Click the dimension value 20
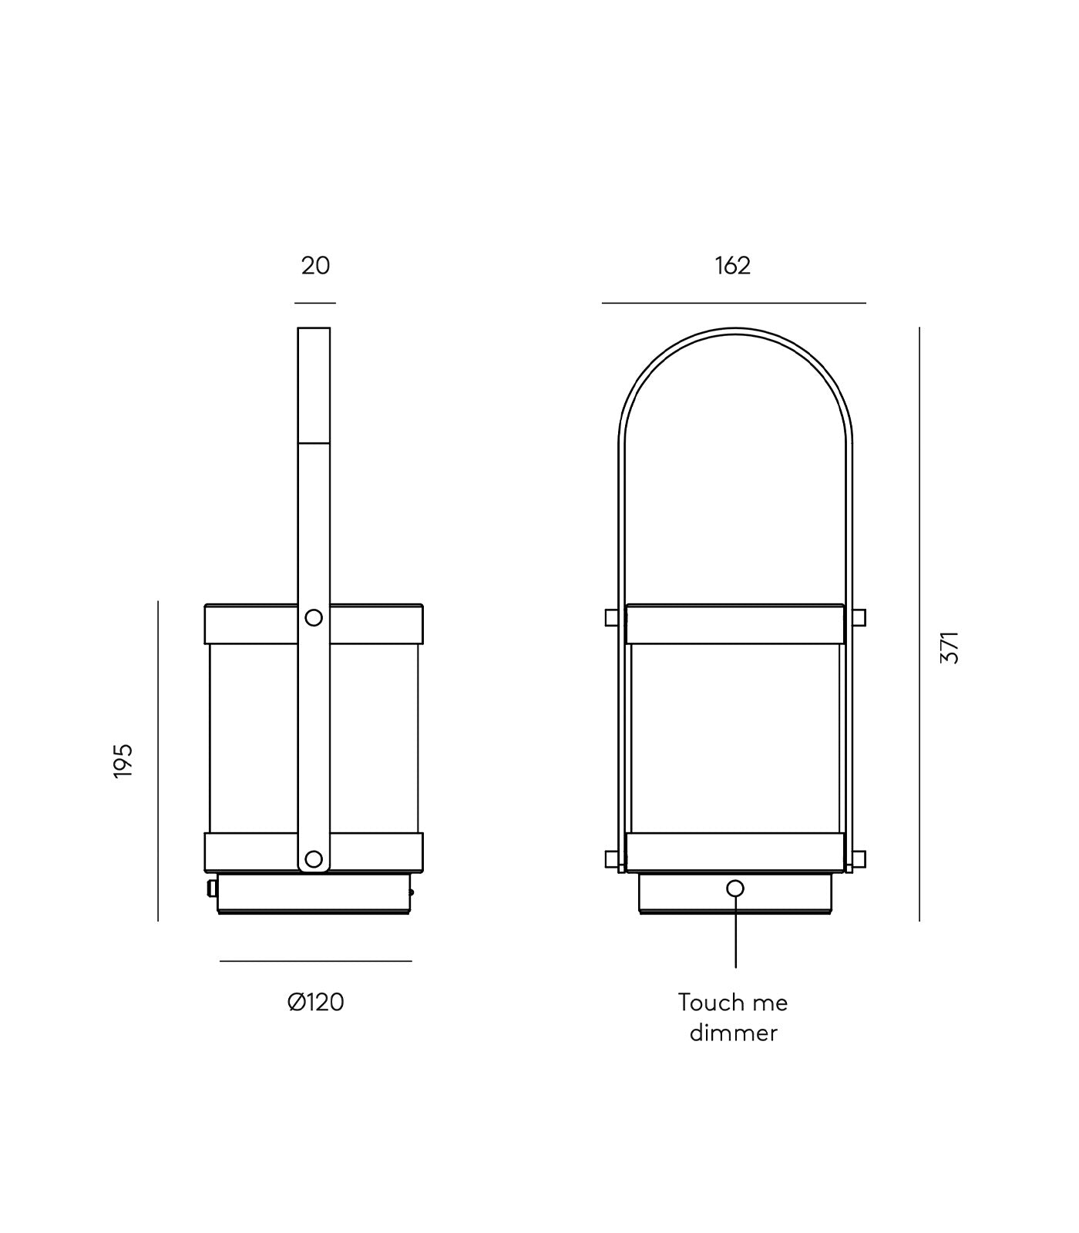tap(315, 266)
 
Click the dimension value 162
tap(732, 266)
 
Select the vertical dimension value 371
tap(950, 647)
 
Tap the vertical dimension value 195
tap(123, 761)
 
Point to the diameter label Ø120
tap(315, 1003)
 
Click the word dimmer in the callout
tap(733, 1033)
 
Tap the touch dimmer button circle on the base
tap(735, 889)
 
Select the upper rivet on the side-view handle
tap(314, 617)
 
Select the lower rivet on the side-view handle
tap(314, 858)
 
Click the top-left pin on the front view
tap(611, 617)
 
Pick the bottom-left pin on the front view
tap(611, 858)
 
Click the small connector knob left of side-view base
tap(211, 889)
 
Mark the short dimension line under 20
tap(314, 303)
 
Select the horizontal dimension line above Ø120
tap(315, 961)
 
